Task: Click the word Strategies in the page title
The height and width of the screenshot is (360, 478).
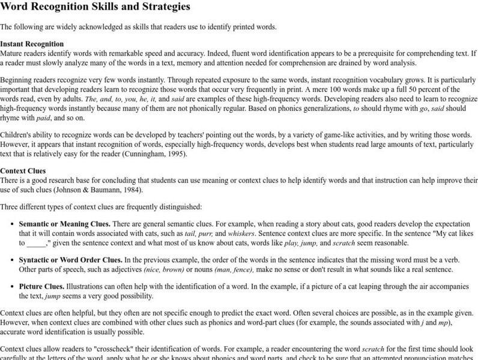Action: point(162,7)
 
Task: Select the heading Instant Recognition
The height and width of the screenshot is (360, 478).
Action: point(32,44)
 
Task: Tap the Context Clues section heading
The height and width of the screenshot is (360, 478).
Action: point(25,171)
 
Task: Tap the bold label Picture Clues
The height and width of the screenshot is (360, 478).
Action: point(41,287)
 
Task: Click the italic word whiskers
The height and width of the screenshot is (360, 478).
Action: point(239,233)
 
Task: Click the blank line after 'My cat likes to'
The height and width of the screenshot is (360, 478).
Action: point(36,243)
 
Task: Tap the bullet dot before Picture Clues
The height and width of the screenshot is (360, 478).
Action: point(13,287)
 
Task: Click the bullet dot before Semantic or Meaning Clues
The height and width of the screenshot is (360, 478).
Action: point(13,224)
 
